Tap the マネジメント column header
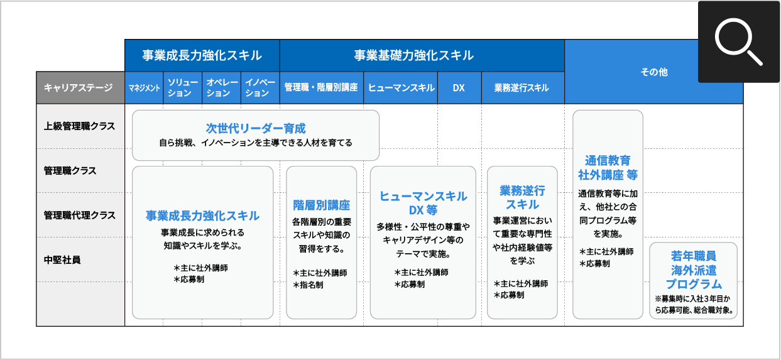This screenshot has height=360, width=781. [145, 88]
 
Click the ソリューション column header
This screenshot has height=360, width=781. [183, 88]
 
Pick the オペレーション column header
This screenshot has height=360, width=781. [221, 88]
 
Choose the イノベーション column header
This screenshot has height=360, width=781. [259, 88]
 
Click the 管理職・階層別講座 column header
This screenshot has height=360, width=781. [321, 88]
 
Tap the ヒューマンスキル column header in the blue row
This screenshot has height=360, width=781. [401, 88]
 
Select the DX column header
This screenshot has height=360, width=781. [459, 88]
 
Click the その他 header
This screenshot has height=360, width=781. [653, 72]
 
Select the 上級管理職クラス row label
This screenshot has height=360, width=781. [80, 126]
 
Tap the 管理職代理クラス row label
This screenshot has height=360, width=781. [80, 215]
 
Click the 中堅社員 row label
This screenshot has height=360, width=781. [62, 259]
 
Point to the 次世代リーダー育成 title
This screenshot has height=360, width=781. [256, 128]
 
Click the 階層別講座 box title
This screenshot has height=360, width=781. [321, 205]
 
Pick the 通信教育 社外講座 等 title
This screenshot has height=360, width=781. [608, 167]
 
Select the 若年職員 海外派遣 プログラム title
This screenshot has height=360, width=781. [693, 270]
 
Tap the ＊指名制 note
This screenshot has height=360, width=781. [309, 285]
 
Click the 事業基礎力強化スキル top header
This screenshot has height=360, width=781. [413, 55]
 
